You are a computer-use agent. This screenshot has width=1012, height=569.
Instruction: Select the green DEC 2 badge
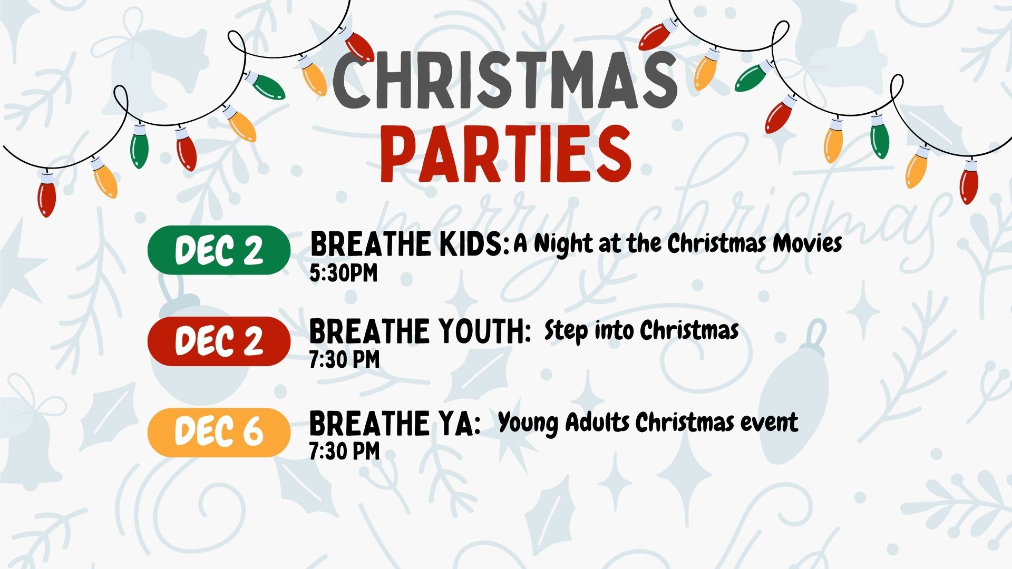[219, 250]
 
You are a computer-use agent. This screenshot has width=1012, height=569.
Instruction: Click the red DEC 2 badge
[219, 341]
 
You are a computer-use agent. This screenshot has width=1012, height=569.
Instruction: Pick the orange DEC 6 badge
[219, 432]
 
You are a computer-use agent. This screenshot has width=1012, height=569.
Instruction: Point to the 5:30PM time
[344, 273]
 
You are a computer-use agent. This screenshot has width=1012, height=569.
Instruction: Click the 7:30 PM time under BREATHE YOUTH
[344, 360]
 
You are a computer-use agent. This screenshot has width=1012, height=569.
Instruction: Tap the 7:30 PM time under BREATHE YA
[344, 451]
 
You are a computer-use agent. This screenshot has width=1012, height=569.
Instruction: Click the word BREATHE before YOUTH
[369, 332]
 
